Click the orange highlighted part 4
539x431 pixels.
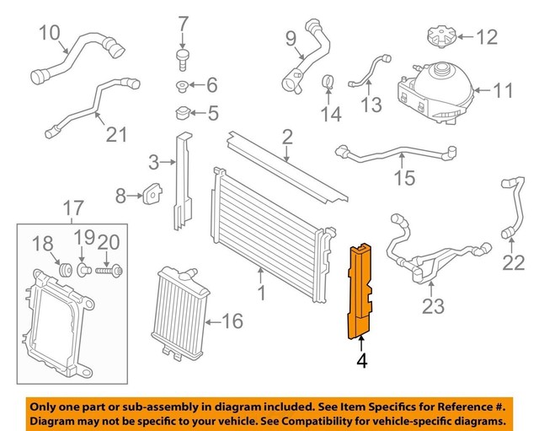[x=359, y=291]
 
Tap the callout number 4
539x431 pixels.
[x=361, y=362]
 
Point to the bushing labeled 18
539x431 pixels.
[x=61, y=270]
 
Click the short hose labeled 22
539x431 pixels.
[x=509, y=207]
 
